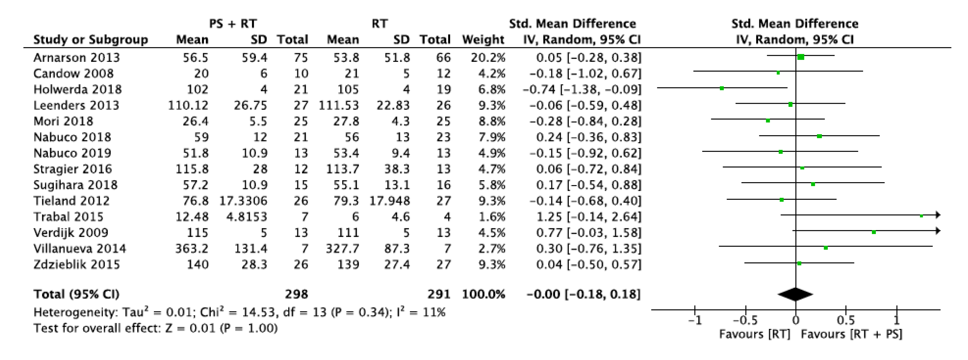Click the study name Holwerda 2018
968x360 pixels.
pyautogui.click(x=77, y=89)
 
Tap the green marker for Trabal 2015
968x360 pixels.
pyautogui.click(x=921, y=216)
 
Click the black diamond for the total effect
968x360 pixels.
pyautogui.click(x=795, y=294)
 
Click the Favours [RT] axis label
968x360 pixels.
pyautogui.click(x=755, y=334)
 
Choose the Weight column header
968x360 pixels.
pyautogui.click(x=483, y=40)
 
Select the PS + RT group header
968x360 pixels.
pyautogui.click(x=233, y=24)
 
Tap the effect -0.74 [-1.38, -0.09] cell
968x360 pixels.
pyautogui.click(x=582, y=89)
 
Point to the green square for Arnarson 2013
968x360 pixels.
pyautogui.click(x=800, y=57)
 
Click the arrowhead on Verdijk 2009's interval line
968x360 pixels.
pyautogui.click(x=938, y=231)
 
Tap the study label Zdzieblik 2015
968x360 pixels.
pyautogui.click(x=77, y=265)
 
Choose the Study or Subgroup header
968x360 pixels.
pyautogui.click(x=91, y=40)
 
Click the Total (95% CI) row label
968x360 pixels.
pyautogui.click(x=76, y=294)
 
